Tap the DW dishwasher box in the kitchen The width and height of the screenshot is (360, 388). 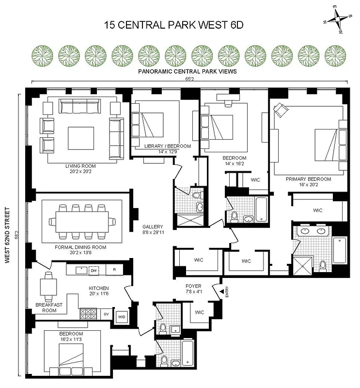94,270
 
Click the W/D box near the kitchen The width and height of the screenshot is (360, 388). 121,317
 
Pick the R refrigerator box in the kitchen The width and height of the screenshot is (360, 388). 114,270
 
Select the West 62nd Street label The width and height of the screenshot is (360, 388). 8,235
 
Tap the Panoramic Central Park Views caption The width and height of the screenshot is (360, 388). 187,71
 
